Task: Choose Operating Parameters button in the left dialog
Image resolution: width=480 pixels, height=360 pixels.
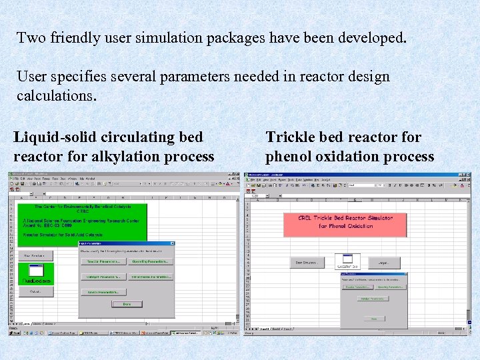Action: [149, 261]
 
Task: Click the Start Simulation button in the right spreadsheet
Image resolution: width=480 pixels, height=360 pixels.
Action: [307, 263]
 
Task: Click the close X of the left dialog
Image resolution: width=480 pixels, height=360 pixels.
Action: [172, 243]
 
